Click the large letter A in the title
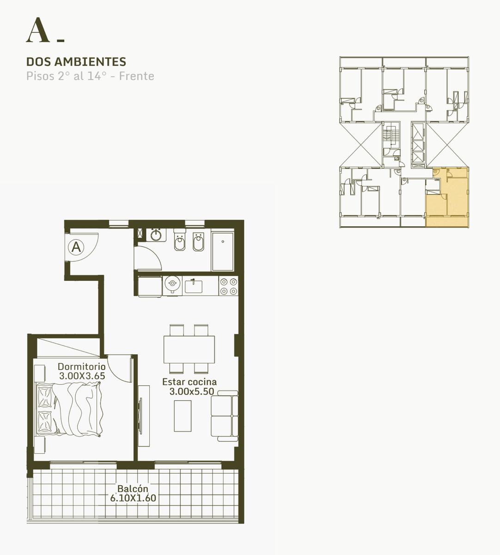coord(38,30)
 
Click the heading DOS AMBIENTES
coord(76,62)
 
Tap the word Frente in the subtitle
coord(137,76)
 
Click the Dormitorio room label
coord(82,367)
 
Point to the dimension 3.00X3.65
coord(82,376)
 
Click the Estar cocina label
coord(189,382)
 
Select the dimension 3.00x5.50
coord(192,391)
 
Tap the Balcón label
coord(133,488)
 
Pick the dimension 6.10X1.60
coord(133,498)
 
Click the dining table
coord(189,350)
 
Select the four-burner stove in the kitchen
coord(228,286)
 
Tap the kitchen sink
coord(193,286)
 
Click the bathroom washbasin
coord(156,235)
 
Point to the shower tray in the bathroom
coord(223,252)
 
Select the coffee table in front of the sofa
coord(183,416)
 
